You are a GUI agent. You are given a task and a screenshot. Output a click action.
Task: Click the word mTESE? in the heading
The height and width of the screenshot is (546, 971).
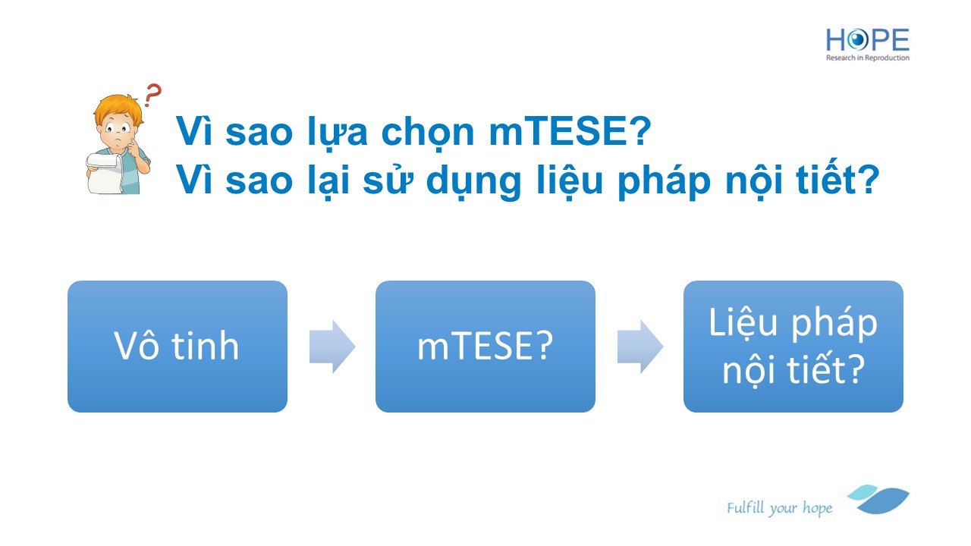click(x=570, y=131)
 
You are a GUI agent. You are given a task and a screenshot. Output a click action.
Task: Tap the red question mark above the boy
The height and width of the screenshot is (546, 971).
click(x=152, y=95)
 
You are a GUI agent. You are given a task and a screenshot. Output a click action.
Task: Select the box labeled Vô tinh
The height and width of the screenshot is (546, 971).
click(x=178, y=347)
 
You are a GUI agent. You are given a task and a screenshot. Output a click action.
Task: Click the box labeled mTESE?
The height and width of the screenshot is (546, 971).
click(x=485, y=347)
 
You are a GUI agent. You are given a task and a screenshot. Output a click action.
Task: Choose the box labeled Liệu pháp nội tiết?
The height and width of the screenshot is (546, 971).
click(x=793, y=347)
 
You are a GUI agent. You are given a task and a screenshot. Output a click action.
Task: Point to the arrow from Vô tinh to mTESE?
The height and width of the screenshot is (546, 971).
click(x=332, y=347)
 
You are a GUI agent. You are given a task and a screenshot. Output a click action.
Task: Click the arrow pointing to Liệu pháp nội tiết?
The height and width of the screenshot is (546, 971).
click(x=640, y=347)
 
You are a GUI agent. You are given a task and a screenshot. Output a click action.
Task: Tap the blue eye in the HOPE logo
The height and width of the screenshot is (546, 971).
click(x=857, y=40)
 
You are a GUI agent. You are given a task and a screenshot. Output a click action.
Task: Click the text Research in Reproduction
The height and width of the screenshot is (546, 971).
click(x=867, y=58)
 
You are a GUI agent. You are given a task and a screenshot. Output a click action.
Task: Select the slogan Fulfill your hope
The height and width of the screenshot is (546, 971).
click(x=779, y=508)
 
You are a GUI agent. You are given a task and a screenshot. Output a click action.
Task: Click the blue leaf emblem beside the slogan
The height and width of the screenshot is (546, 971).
click(x=878, y=499)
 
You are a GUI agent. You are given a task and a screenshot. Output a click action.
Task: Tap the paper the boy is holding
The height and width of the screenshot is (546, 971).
click(x=106, y=174)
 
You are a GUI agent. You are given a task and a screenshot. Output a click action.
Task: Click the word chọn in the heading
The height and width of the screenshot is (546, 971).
click(x=428, y=132)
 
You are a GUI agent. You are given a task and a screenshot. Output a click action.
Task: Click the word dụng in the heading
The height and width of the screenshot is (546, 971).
click(x=473, y=182)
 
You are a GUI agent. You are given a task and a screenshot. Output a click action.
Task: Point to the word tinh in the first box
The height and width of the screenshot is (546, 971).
click(x=206, y=346)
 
